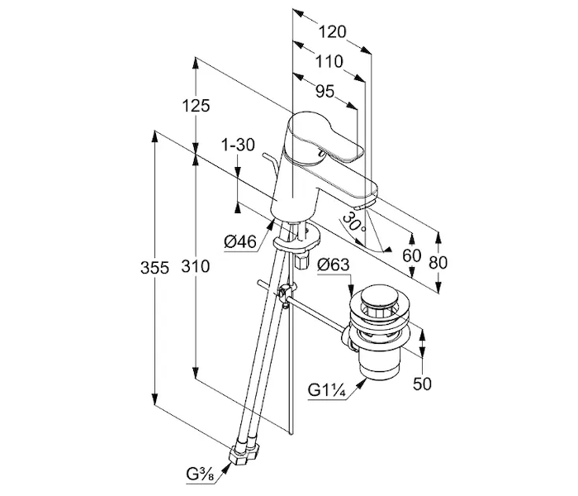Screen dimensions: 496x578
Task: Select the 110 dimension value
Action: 328,62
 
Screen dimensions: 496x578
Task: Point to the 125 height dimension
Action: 197,106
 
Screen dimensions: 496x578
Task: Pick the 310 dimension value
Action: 197,267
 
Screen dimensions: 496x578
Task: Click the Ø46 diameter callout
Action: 239,242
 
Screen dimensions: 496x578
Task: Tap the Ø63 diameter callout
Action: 334,265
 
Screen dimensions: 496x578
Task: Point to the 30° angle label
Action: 353,223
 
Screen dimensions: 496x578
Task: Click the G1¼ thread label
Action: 328,389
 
